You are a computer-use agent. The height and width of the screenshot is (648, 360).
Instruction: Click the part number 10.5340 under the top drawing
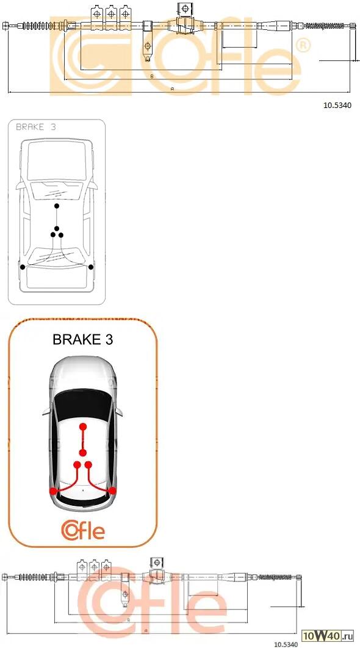pyautogui.click(x=337, y=106)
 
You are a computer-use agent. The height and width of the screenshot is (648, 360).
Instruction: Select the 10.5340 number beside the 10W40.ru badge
pyautogui.click(x=286, y=644)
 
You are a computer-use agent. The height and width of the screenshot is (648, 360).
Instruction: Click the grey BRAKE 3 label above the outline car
pyautogui.click(x=35, y=127)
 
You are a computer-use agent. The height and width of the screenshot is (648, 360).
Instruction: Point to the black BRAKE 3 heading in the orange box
pyautogui.click(x=82, y=339)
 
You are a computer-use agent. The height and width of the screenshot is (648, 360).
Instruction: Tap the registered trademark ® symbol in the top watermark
pyautogui.click(x=303, y=45)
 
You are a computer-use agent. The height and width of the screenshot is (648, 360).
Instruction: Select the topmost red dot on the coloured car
pyautogui.click(x=83, y=427)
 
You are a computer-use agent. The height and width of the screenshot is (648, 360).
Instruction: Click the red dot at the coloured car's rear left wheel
pyautogui.click(x=53, y=491)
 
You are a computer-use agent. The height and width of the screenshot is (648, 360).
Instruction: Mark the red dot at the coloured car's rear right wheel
pyautogui.click(x=112, y=491)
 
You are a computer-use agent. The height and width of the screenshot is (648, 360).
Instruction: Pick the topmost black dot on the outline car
pyautogui.click(x=57, y=206)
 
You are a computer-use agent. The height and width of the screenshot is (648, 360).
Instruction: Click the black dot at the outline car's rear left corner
pyautogui.click(x=23, y=267)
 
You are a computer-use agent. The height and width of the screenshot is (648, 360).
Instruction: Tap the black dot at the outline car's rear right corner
pyautogui.click(x=91, y=267)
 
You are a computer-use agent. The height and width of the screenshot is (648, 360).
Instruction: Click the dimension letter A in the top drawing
pyautogui.click(x=172, y=89)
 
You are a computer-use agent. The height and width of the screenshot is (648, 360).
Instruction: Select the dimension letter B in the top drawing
pyautogui.click(x=152, y=76)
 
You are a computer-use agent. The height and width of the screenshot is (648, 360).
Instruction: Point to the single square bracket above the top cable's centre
pyautogui.click(x=185, y=9)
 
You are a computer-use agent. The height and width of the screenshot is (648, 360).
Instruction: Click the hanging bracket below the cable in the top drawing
pyautogui.click(x=148, y=50)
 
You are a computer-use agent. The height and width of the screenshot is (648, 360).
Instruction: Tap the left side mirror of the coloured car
pyautogui.click(x=46, y=411)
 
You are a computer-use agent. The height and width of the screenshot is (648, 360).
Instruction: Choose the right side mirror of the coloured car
pyautogui.click(x=119, y=411)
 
